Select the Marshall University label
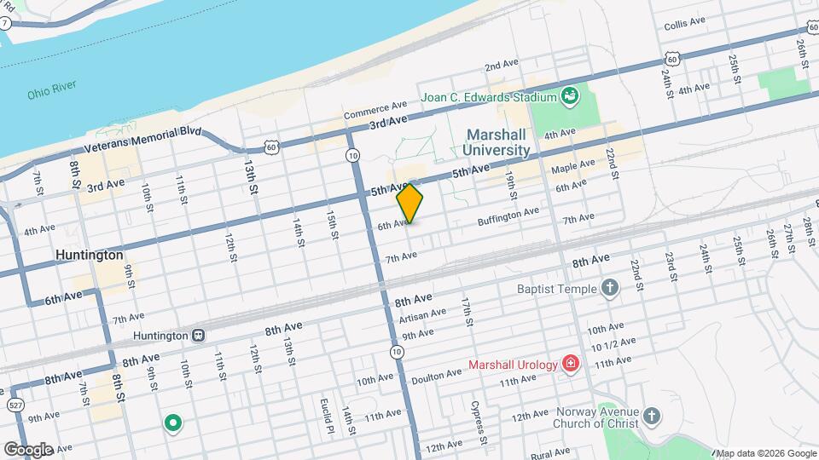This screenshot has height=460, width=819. [x=497, y=142]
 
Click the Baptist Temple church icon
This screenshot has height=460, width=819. [x=609, y=288]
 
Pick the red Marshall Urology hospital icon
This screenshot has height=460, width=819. [x=570, y=365]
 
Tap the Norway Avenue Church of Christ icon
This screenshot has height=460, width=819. [x=652, y=416]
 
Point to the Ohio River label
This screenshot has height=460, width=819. [x=52, y=89]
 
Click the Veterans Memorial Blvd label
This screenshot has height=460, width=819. [x=143, y=141]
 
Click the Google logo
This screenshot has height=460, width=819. [x=28, y=449]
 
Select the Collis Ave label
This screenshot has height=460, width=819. [x=685, y=23]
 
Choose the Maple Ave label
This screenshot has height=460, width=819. [x=574, y=164]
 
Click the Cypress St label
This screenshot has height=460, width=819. [x=479, y=423]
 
